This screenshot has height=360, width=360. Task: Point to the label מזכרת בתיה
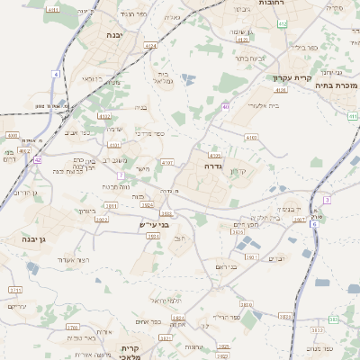[339, 85]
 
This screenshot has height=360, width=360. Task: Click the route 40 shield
[228, 106]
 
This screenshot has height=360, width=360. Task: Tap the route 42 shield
[38, 159]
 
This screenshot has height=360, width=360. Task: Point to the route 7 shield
[120, 175]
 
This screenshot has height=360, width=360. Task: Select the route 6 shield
[314, 223]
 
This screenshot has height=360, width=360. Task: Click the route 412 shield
[283, 23]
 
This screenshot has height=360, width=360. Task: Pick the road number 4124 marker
[150, 45]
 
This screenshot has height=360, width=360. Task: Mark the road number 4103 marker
[250, 138]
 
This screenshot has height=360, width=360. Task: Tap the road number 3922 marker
[148, 203]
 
